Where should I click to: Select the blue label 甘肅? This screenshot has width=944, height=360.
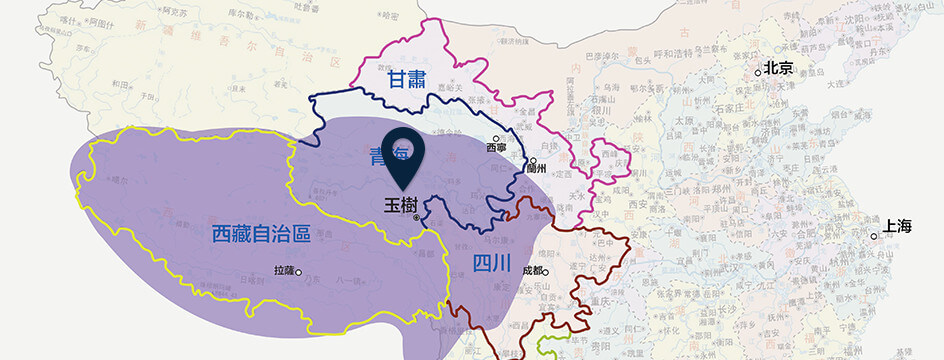point(411,80)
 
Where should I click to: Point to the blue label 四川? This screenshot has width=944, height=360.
point(491,264)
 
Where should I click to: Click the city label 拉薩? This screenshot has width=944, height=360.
point(284,271)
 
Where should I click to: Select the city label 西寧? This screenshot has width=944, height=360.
point(496,148)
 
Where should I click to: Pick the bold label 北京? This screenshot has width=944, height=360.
point(778,68)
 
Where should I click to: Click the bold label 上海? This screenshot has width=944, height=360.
point(899,226)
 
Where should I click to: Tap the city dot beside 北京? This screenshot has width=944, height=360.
point(758,72)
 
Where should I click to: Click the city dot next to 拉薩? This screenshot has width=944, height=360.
point(298,271)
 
